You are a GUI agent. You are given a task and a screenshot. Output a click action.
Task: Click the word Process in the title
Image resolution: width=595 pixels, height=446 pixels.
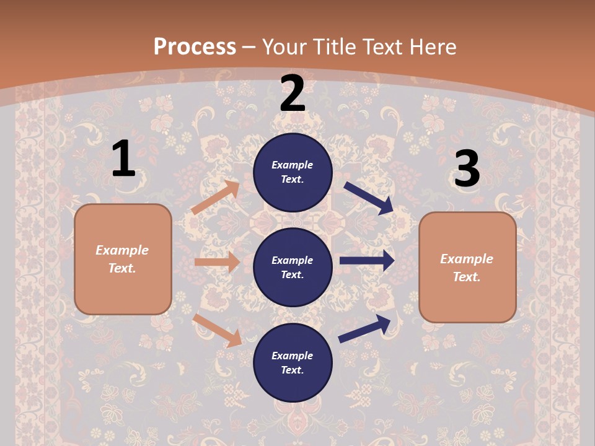195,47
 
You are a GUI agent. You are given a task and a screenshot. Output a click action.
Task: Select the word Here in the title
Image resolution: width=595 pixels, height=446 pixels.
432,47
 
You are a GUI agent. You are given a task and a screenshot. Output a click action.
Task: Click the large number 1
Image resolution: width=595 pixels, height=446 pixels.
123,159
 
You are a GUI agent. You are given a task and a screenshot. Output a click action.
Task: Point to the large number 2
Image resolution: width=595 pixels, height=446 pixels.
293,94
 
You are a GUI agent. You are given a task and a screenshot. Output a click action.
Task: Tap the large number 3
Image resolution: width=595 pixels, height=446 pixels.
467,169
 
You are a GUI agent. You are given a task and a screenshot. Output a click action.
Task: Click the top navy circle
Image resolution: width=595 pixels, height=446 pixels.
293,172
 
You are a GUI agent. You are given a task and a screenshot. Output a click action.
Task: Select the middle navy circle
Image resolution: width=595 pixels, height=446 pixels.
293,268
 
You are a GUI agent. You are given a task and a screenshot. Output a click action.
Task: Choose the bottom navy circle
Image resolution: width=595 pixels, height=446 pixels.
293,363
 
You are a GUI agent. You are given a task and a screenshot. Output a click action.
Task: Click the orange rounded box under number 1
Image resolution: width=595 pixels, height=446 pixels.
123,259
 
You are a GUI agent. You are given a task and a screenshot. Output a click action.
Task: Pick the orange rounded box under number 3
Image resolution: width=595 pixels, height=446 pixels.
467,268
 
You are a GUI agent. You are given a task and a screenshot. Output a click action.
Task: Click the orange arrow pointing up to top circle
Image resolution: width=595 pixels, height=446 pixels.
215,198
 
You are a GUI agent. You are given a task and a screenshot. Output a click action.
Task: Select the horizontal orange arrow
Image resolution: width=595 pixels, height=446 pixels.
217,262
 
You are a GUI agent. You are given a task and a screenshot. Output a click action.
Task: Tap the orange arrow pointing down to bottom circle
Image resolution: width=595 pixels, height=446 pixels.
217,330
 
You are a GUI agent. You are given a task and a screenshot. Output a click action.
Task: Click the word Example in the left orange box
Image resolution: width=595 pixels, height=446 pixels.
122,250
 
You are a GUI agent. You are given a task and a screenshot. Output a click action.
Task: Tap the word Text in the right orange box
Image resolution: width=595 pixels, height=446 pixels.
466,277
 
